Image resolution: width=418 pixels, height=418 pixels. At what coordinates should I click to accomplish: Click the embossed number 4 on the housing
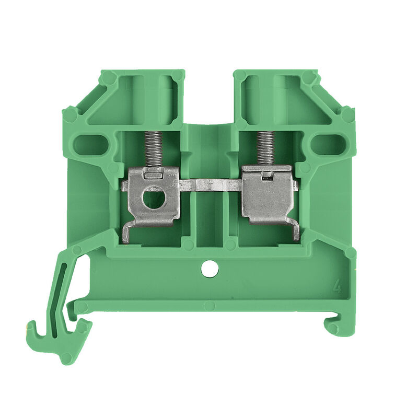[337, 286]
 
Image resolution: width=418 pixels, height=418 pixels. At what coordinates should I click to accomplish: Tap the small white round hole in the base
[210, 270]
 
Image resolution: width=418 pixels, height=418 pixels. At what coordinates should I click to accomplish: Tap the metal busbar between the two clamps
[211, 184]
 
